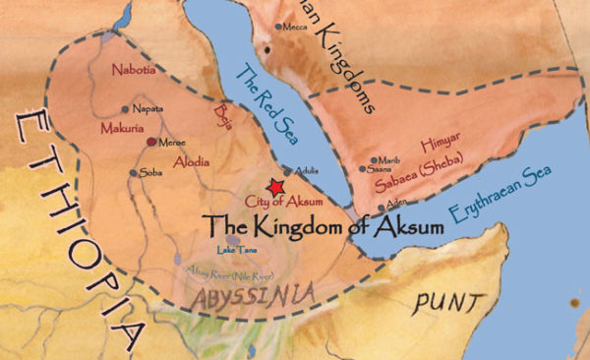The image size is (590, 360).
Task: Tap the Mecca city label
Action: coord(295,28)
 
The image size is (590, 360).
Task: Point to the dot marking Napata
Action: coord(125,109)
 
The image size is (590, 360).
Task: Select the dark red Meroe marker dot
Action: coord(150,143)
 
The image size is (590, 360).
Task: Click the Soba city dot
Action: coord(134,172)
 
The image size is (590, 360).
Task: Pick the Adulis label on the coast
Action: coord(308,169)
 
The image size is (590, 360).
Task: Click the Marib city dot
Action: coord(374,159)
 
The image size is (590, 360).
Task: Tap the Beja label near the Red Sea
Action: coord(222,117)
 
